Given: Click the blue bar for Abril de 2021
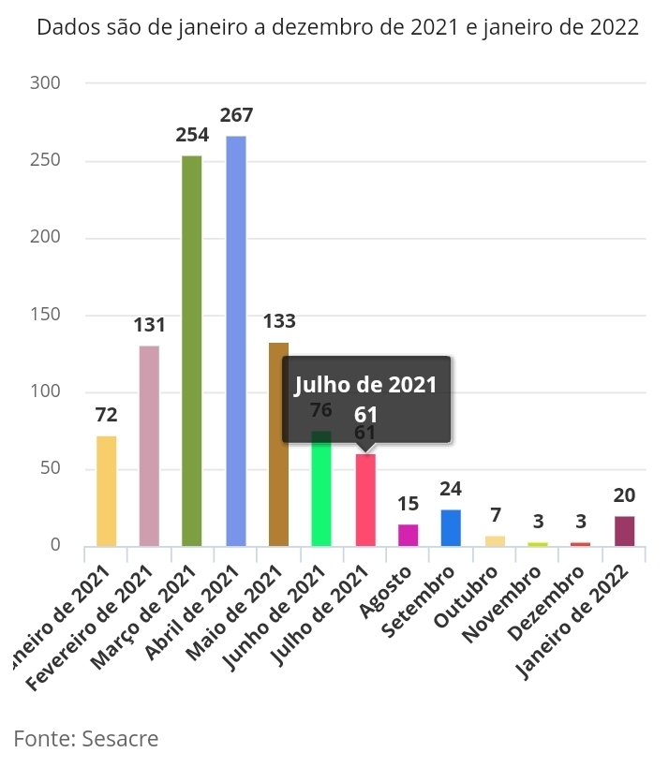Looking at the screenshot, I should coord(236,342).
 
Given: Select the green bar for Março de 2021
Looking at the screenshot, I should coord(191,351).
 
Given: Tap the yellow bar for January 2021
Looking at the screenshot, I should coord(106,491).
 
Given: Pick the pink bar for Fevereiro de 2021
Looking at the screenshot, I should coord(149,446).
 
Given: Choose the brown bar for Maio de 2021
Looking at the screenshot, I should coord(278,445).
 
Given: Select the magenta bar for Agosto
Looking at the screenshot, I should coord(408,535).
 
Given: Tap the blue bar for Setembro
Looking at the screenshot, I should coord(451,527).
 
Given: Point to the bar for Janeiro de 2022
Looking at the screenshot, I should coord(624,531).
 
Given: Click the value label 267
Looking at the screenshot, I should coord(236,115).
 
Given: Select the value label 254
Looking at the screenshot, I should coord(192,134).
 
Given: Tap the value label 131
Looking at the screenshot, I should coord(149,325).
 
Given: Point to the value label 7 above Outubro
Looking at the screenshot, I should coord(495,515).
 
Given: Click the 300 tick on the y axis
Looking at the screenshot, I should coord(70,83).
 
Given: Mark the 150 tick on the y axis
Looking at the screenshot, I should coord(70,315).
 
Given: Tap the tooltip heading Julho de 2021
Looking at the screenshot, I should coord(366,385).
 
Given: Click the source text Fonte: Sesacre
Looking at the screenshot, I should coord(86,739).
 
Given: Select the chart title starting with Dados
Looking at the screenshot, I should coord(337,27).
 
